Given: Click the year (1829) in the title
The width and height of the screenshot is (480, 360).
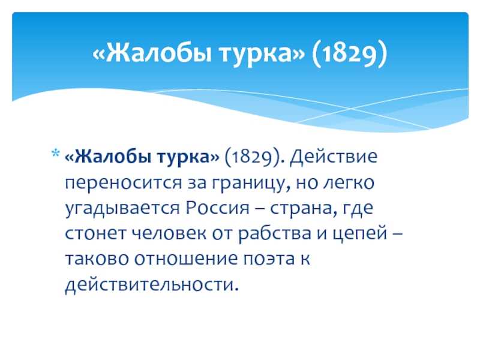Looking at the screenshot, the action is click(349, 53).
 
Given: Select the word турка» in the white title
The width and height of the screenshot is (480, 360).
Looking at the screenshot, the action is click(262, 55).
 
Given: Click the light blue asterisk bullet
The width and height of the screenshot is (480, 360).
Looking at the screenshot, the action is click(55, 153).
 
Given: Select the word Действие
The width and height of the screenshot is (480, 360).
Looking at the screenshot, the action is click(334, 157).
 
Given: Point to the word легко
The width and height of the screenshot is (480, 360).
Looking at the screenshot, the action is click(349, 184).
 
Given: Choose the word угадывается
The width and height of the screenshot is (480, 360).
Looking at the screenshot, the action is click(122, 209).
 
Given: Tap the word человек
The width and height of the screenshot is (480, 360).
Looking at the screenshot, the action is click(169, 233).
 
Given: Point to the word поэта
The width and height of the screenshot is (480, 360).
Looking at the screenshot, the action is click(268, 259).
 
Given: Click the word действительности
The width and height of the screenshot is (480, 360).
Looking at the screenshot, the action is click(152, 284).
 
